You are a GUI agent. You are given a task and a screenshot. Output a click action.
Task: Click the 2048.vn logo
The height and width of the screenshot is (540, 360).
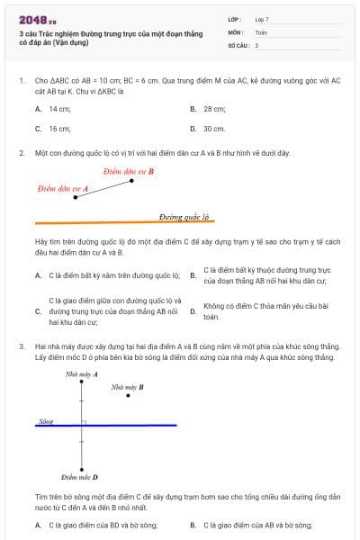coord(31,19)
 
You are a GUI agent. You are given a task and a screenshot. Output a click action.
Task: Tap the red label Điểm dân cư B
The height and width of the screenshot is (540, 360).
coord(128,171)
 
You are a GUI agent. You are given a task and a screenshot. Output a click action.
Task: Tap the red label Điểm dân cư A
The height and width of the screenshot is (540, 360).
coord(63,189)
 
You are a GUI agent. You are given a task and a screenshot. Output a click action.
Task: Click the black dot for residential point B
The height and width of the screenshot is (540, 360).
coord(132,180)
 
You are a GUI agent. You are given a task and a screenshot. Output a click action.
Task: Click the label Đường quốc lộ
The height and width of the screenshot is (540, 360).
coord(184,217)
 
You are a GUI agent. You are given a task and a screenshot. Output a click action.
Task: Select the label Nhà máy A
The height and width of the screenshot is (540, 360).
coord(82,373)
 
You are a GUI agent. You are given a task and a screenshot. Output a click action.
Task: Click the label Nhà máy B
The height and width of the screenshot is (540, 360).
coord(127,387)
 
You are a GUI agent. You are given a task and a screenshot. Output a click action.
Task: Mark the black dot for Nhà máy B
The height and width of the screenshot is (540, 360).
coord(129,395)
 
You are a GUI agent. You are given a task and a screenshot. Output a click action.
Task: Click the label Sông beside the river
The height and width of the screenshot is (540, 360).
coord(46,421)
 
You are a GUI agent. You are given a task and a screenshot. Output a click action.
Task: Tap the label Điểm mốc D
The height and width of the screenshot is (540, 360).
coord(79,477)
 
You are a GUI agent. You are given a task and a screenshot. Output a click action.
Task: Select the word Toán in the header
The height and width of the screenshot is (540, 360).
coord(261,32)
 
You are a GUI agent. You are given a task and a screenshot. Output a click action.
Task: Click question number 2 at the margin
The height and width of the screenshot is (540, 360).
coord(22,153)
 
